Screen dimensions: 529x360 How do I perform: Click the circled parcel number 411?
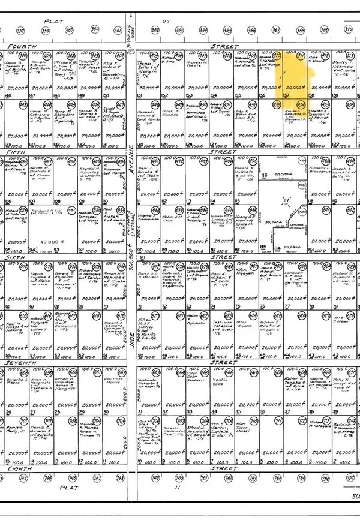point(301,57)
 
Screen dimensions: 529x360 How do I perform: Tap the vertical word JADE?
point(130,336)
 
